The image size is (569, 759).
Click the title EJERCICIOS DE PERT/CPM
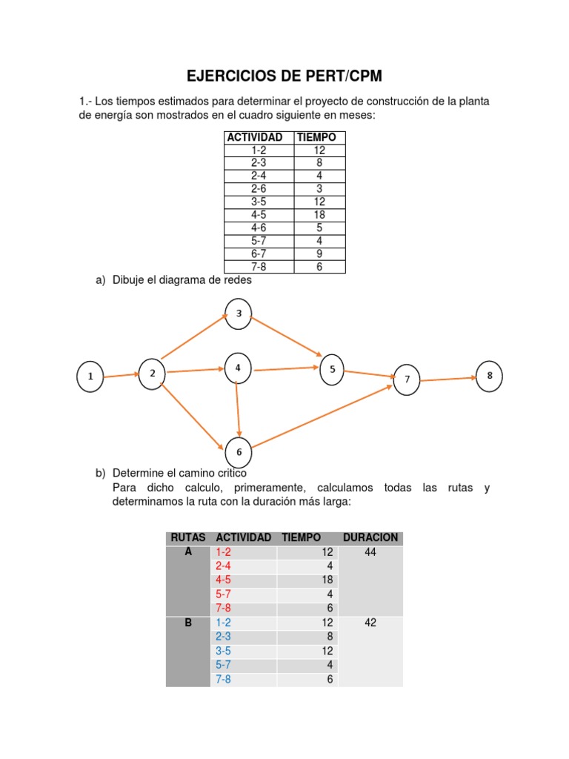point(284,76)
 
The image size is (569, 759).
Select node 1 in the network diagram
point(90,377)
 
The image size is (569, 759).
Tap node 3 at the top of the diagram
point(239,314)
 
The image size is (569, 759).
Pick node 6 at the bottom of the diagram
point(239,451)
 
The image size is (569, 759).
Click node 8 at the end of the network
point(489,376)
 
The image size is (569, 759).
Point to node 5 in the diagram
point(332,369)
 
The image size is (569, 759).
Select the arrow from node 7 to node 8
point(447,379)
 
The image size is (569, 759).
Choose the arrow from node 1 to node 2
point(121,376)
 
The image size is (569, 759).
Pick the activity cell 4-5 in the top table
point(259,215)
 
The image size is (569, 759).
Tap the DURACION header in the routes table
point(370,537)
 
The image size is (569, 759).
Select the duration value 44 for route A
point(370,552)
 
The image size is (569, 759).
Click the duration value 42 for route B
point(370,623)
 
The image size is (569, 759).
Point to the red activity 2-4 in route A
point(223,566)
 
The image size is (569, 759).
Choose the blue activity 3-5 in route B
point(223,651)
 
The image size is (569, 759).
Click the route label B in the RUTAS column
point(188,623)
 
